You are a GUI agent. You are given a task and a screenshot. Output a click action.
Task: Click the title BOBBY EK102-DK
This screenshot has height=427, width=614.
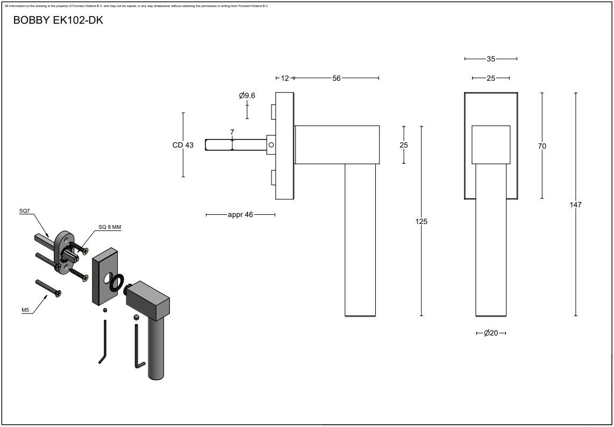[x=58, y=20]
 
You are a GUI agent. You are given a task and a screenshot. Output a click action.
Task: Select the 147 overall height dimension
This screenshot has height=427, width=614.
[x=575, y=205]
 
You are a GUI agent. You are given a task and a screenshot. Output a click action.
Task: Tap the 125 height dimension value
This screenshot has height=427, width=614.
[x=421, y=221]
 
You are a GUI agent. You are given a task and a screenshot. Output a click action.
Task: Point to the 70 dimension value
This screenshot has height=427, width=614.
[x=541, y=146]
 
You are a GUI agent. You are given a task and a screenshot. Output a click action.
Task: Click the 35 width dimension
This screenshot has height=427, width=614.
[x=490, y=59]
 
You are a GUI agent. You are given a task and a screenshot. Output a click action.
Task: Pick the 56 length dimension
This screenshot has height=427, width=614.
[x=337, y=78]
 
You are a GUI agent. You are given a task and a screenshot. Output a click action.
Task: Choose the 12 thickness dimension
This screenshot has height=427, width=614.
[x=285, y=78]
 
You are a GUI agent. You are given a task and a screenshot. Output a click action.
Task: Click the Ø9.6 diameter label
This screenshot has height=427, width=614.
[x=247, y=95]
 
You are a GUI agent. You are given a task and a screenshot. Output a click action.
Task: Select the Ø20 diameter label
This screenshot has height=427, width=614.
[x=490, y=333]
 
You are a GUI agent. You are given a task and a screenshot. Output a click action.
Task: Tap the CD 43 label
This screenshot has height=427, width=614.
[x=183, y=145]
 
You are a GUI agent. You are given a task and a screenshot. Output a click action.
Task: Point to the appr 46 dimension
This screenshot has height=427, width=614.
[x=240, y=215]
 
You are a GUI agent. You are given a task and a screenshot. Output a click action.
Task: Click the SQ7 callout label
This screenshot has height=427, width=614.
[x=25, y=212]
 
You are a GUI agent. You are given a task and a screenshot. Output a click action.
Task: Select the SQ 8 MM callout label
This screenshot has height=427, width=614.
[x=110, y=227]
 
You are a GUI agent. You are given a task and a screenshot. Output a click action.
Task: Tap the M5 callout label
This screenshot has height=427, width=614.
[x=25, y=310]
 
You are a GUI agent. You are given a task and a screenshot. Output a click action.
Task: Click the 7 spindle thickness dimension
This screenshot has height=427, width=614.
[x=232, y=132]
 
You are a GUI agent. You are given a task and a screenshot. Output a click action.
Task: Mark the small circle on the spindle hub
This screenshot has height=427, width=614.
[x=272, y=144]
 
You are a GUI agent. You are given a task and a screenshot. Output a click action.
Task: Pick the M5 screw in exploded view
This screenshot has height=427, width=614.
[x=48, y=287]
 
